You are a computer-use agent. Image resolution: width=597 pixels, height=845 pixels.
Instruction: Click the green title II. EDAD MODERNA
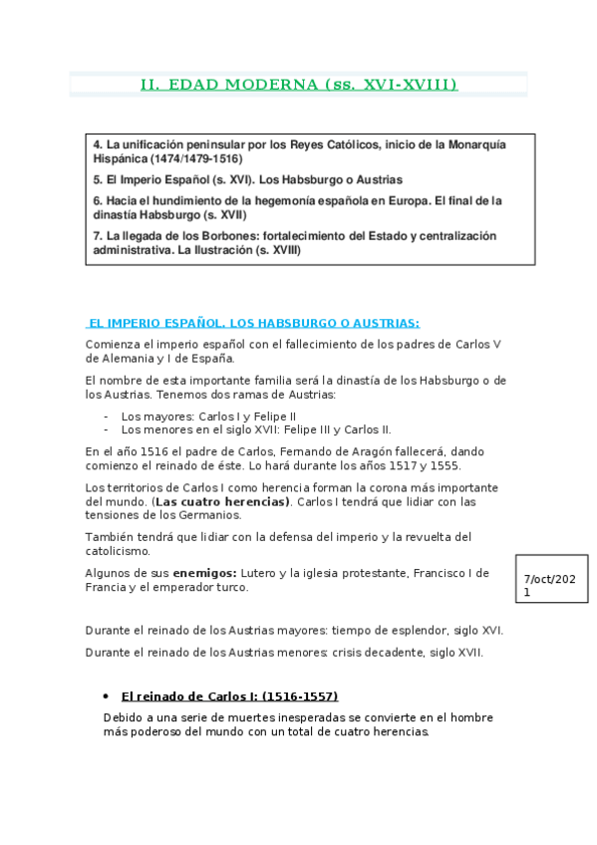tap(299, 86)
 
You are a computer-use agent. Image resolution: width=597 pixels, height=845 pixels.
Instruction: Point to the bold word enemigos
tap(204, 573)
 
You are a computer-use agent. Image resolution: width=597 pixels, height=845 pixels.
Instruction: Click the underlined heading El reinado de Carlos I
tap(229, 696)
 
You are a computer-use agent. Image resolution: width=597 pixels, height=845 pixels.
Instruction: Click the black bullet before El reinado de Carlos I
tap(106, 696)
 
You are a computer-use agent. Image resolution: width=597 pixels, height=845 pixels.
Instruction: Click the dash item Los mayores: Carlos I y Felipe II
tap(208, 416)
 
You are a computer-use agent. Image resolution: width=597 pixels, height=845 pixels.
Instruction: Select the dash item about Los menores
tap(255, 429)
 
